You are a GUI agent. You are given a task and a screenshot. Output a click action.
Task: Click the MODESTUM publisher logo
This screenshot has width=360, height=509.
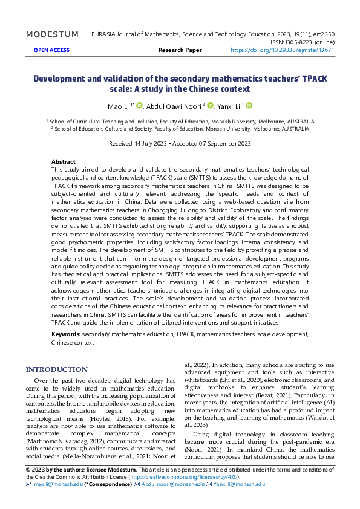[x=52, y=34]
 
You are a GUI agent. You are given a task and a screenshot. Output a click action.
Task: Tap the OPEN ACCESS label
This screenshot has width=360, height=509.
[x=51, y=50]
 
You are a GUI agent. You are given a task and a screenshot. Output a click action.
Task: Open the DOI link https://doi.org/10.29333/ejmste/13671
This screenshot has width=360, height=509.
[x=283, y=50]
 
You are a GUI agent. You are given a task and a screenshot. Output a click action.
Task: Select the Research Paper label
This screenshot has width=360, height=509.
[x=180, y=50]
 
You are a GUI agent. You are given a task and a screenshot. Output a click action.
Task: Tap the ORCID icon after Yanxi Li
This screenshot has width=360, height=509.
[x=249, y=106]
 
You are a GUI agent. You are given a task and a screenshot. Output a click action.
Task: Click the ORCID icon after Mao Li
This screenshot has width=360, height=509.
[x=140, y=106]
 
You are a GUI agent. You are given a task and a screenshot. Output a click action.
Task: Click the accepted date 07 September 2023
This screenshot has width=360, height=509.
[x=225, y=143]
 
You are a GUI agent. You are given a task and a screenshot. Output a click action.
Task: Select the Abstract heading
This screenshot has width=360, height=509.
[x=64, y=162]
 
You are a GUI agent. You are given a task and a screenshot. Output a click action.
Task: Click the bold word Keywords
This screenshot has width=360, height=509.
[x=66, y=334]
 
